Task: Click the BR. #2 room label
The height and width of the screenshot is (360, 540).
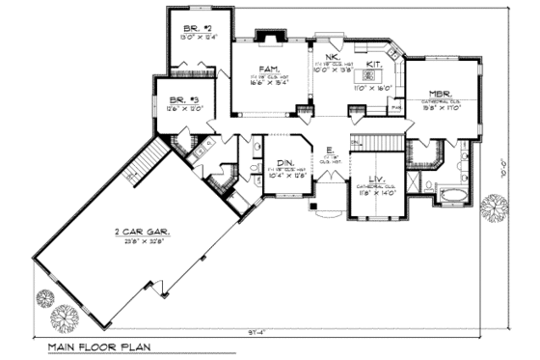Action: (x=194, y=29)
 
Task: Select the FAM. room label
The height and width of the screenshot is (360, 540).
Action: (x=269, y=69)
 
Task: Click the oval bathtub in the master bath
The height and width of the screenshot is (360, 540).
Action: (x=451, y=196)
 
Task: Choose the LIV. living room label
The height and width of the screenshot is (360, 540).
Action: (x=377, y=179)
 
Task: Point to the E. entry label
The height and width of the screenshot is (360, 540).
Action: (x=330, y=150)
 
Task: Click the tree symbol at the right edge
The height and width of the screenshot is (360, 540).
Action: (x=494, y=207)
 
